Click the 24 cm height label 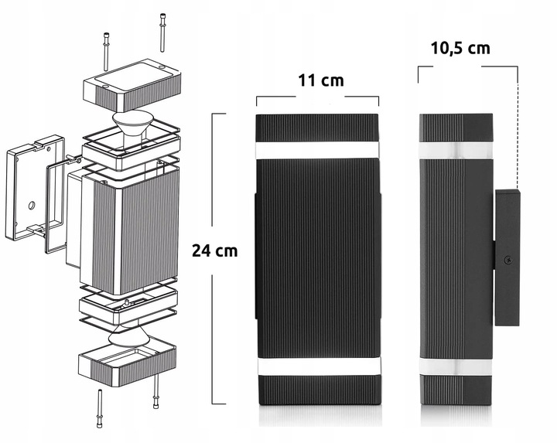(x=214, y=250)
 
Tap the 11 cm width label (x=320, y=80)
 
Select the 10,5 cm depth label (x=460, y=48)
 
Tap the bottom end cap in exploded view (x=127, y=362)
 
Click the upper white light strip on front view (x=317, y=149)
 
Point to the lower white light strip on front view (x=317, y=367)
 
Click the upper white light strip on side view (x=455, y=149)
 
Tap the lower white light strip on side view (x=455, y=367)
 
